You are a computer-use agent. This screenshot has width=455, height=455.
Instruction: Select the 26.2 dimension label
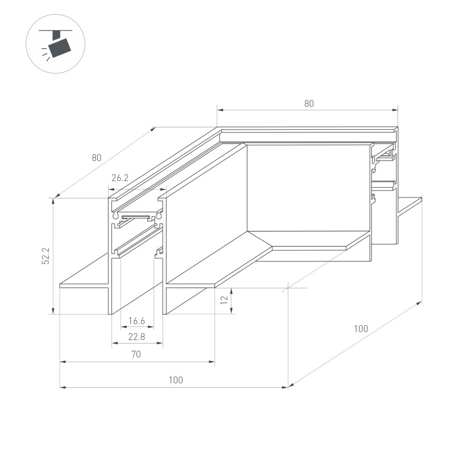pyautogui.click(x=119, y=178)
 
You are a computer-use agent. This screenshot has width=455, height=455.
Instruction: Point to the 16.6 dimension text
pyautogui.click(x=136, y=321)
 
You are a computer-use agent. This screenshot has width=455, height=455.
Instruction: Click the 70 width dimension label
pyautogui.click(x=136, y=354)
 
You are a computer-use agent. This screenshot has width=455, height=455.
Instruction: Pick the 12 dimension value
pyautogui.click(x=224, y=299)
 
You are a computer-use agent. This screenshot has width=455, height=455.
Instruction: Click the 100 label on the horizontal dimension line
pyautogui.click(x=176, y=380)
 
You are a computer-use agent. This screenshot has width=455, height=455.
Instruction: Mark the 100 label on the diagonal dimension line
pyautogui.click(x=361, y=328)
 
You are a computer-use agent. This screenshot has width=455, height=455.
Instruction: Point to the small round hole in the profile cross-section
pyautogui.click(x=116, y=217)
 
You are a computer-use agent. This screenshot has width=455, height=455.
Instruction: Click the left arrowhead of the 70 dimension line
pyautogui.click(x=63, y=361)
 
